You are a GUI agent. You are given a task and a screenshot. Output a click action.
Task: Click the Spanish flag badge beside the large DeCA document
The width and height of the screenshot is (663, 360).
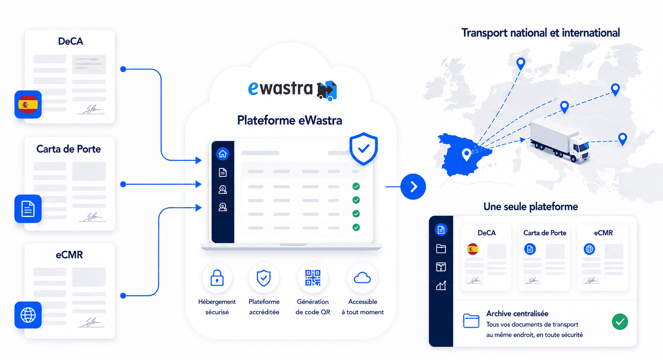tap(28, 104)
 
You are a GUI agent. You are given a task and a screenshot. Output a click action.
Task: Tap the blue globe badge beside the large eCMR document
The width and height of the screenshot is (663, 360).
tap(28, 315)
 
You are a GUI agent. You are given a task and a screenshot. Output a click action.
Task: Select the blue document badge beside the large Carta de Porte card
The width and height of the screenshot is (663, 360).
tap(28, 209)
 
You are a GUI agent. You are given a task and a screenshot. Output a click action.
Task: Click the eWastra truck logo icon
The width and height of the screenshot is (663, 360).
tap(327, 90)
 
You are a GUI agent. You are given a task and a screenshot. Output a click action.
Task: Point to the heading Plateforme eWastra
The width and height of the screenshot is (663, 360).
tap(290, 120)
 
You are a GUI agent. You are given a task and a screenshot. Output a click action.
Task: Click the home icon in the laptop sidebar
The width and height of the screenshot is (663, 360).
tap(223, 154)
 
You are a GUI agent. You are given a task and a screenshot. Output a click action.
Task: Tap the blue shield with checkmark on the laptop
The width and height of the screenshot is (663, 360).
tap(363, 148)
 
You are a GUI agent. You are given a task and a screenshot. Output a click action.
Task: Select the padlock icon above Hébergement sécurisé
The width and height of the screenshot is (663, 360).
tap(217, 278)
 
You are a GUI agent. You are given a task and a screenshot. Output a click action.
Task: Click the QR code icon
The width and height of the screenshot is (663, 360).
tap(313, 278)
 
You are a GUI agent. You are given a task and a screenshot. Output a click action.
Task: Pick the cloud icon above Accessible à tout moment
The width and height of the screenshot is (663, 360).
tap(362, 278)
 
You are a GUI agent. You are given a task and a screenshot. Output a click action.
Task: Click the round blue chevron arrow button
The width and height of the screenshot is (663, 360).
tap(413, 186)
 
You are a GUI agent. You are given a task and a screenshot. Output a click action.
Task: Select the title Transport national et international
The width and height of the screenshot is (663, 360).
tap(540, 33)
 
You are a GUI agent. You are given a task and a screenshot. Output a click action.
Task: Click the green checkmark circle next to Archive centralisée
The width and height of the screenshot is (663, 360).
tap(620, 322)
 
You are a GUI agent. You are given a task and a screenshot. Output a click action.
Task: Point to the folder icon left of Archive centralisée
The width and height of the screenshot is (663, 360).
tap(471, 321)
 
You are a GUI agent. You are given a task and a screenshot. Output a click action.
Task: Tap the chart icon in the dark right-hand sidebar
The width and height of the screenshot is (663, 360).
tap(441, 285)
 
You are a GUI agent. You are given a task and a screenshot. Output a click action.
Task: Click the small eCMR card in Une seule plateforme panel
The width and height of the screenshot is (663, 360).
tap(603, 257)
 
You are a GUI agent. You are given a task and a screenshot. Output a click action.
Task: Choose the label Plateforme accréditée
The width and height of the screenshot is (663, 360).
tap(264, 307)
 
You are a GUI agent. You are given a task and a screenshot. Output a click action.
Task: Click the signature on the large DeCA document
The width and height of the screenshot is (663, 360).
tap(92, 110)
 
